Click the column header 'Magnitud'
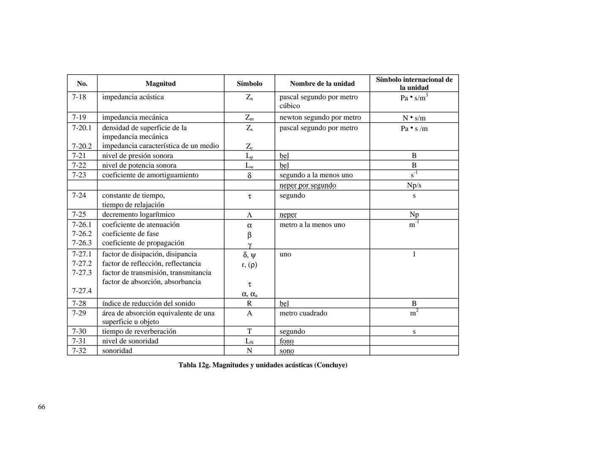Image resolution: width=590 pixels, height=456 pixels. click(x=160, y=84)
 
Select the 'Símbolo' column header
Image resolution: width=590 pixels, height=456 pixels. click(x=249, y=84)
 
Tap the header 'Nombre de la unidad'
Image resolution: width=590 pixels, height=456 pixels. click(x=322, y=84)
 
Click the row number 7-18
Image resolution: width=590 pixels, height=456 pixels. click(x=79, y=97)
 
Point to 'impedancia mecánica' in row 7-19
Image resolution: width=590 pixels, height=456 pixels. click(x=135, y=117)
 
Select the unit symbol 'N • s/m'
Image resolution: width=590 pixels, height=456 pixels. click(x=414, y=118)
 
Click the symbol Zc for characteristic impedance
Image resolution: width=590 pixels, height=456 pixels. click(x=249, y=147)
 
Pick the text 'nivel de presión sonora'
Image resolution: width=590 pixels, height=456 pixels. click(x=137, y=155)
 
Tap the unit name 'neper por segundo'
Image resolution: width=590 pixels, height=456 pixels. click(x=307, y=185)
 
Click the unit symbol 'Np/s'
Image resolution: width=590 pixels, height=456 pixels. click(x=414, y=185)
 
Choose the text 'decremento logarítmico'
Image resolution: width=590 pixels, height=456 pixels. click(x=138, y=214)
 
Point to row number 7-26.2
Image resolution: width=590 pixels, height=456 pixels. click(x=82, y=234)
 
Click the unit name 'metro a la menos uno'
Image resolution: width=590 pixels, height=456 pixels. click(x=312, y=225)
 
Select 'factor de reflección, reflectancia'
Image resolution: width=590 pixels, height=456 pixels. click(x=151, y=263)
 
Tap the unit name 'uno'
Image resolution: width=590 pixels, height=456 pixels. click(x=285, y=254)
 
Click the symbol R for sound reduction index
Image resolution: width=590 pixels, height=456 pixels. click(x=249, y=303)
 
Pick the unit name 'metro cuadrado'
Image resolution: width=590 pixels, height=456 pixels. click(x=303, y=313)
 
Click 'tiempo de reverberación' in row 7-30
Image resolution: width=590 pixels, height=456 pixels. click(x=139, y=331)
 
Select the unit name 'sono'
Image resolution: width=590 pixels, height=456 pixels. click(x=287, y=351)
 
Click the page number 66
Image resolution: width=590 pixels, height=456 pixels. click(x=41, y=407)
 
